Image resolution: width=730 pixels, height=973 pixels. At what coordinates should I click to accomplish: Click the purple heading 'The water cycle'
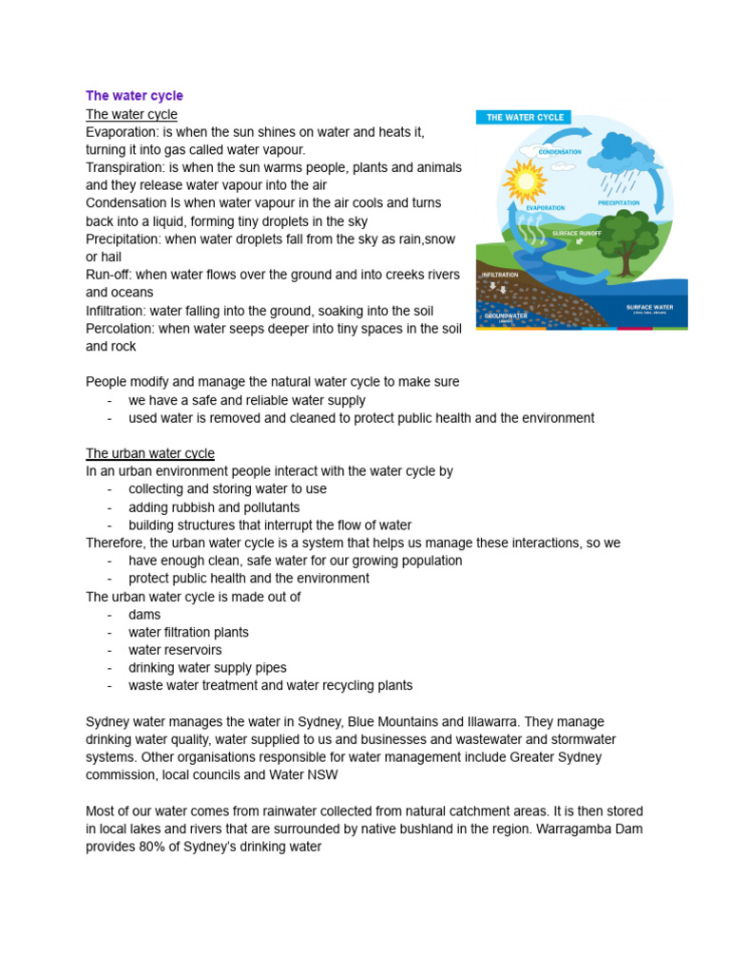point(134,96)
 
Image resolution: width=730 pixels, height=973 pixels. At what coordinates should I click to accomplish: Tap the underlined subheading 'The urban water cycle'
point(150,453)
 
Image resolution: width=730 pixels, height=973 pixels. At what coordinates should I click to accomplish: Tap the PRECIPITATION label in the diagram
point(618,202)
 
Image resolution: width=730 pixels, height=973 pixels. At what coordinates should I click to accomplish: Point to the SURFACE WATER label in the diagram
point(649,308)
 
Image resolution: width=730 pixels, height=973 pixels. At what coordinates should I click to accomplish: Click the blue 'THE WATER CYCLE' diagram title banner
point(525,117)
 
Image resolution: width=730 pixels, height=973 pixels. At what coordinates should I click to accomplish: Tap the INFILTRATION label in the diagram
point(500,275)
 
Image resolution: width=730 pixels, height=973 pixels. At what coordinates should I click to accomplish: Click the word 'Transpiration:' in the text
point(125,167)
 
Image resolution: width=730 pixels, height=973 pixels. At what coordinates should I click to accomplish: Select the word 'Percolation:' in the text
point(122,328)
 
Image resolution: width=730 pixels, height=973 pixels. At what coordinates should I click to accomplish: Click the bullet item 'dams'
point(144,615)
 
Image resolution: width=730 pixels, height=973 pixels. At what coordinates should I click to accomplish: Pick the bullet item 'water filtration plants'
point(188,632)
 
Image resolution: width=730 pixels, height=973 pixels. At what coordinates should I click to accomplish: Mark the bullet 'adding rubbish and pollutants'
point(214,507)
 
